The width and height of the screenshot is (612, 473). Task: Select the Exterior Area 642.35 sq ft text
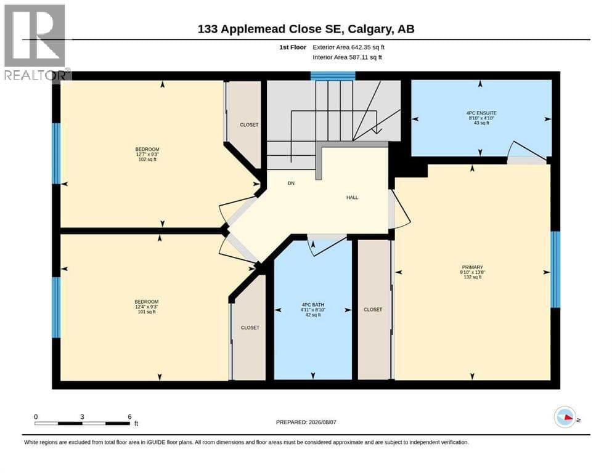point(349,47)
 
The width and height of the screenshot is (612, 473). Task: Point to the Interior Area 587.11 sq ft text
point(348,57)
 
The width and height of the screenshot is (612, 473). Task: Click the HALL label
point(352,198)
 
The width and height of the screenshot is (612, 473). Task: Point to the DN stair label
point(291,184)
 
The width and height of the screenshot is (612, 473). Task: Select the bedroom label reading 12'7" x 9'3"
point(147,154)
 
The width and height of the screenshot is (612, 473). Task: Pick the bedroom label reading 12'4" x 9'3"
point(146,307)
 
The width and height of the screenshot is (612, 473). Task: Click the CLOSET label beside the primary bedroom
point(373,310)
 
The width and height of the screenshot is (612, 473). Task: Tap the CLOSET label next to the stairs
point(249,125)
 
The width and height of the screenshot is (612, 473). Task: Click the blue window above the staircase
point(333,76)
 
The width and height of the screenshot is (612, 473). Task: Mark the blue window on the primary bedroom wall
point(555,270)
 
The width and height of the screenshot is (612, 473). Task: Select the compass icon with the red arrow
point(565,417)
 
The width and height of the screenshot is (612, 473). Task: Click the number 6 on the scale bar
point(129,417)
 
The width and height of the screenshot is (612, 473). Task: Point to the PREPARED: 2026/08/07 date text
point(306,422)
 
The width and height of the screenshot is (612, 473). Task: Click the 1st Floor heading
point(293,47)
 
